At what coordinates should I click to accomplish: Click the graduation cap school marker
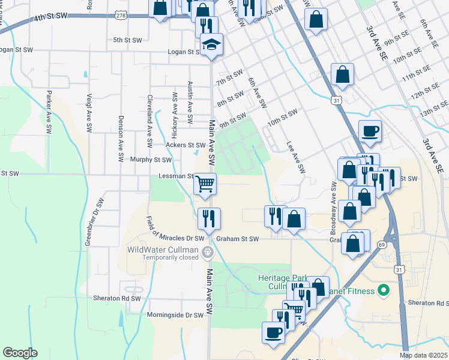(x=211, y=44)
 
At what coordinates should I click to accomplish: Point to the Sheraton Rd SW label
(x=116, y=298)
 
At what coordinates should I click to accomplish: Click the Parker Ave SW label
(x=47, y=112)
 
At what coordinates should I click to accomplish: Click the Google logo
(x=20, y=353)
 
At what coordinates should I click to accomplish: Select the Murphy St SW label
(x=151, y=160)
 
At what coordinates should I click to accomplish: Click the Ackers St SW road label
(x=185, y=145)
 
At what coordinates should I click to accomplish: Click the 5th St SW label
(x=127, y=40)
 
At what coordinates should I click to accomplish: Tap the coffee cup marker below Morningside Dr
(x=273, y=332)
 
